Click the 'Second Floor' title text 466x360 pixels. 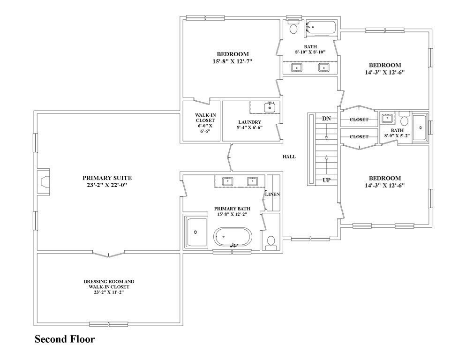(x=65, y=339)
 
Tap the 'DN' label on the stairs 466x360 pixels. (x=326, y=119)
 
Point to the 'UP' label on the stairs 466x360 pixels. (x=326, y=180)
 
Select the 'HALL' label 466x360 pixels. (x=289, y=157)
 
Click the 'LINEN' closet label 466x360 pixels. (x=272, y=194)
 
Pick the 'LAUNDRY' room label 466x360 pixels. (x=249, y=122)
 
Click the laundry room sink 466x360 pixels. (x=269, y=107)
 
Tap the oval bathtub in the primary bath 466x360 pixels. (x=233, y=237)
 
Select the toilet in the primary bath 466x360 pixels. (x=271, y=241)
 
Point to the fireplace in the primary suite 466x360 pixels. (x=43, y=181)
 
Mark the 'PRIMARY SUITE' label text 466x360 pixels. (x=107, y=178)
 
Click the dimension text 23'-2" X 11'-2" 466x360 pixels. (x=109, y=292)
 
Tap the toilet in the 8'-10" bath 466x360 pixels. (x=294, y=28)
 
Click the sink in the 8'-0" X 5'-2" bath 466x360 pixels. (x=387, y=118)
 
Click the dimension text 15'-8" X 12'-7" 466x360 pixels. (x=232, y=61)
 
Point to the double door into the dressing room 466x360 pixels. (x=109, y=254)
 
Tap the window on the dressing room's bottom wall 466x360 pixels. (x=109, y=324)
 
